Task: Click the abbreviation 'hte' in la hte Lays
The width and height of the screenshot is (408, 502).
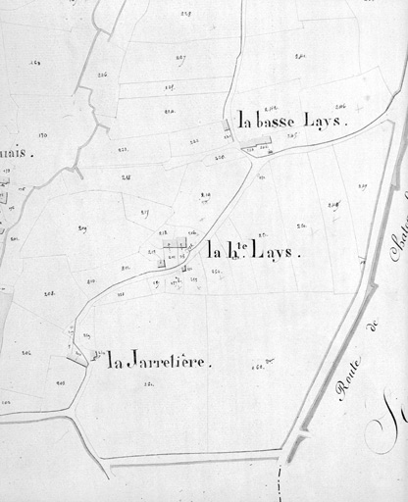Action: (x=237, y=250)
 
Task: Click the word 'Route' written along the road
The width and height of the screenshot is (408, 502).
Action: (x=348, y=379)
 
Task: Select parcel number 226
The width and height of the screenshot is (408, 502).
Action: (x=102, y=74)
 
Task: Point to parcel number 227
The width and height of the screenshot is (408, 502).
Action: (x=181, y=58)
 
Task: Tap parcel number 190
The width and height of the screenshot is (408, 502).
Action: (x=43, y=134)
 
